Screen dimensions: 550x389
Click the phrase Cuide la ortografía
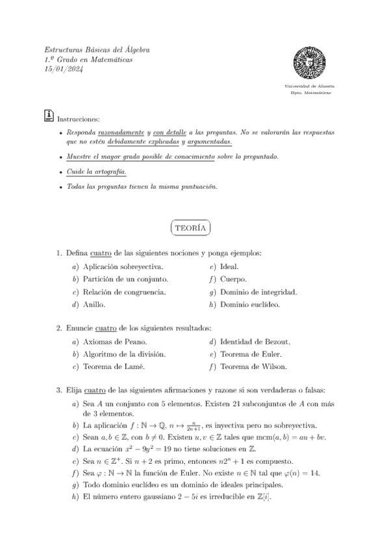coord(96,172)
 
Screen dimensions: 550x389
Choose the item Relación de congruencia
coord(124,291)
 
